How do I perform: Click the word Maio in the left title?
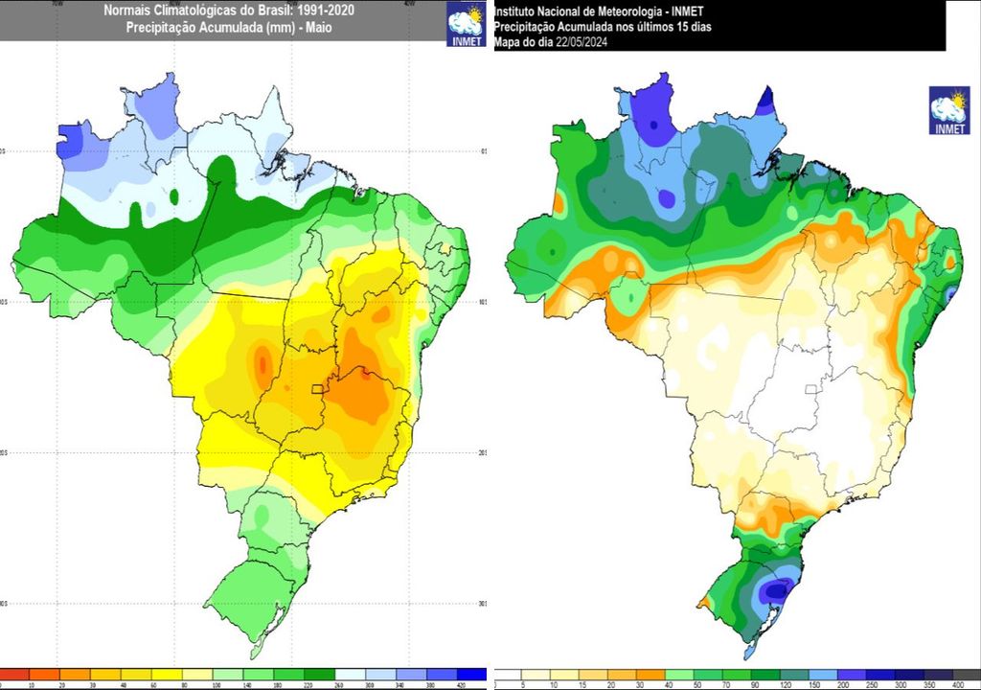317,28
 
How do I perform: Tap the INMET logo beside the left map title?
468,24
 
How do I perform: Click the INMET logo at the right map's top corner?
948,110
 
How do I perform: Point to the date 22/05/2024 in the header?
583,42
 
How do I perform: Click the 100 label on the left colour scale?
220,686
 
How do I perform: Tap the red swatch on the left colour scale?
15,674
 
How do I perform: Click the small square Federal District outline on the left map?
318,389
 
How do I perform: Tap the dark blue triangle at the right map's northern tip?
767,102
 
